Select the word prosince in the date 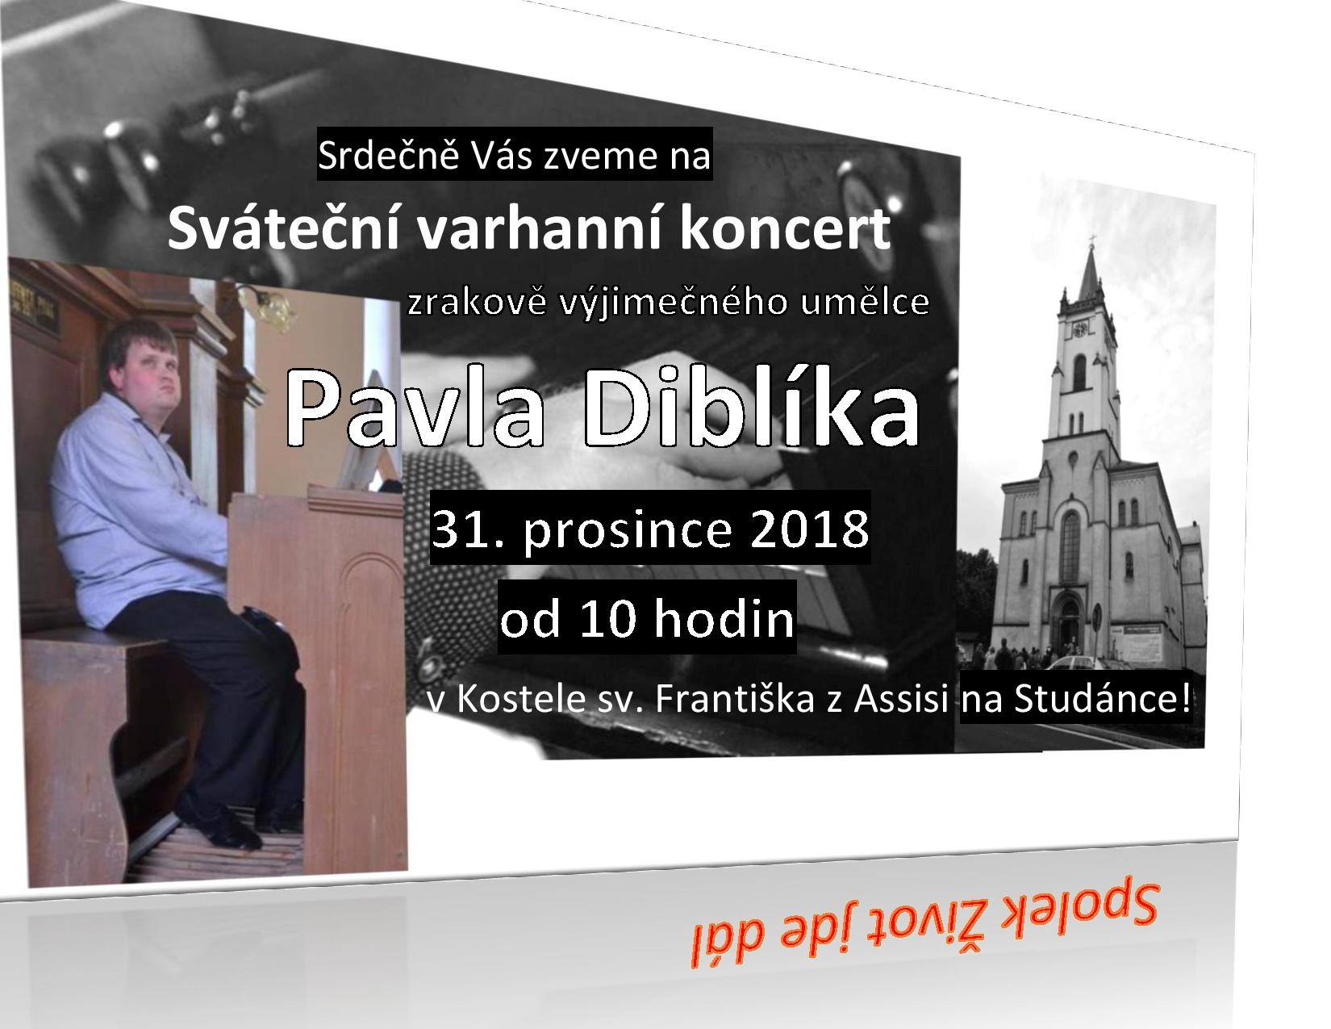pos(627,532)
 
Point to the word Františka pos(734,701)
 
